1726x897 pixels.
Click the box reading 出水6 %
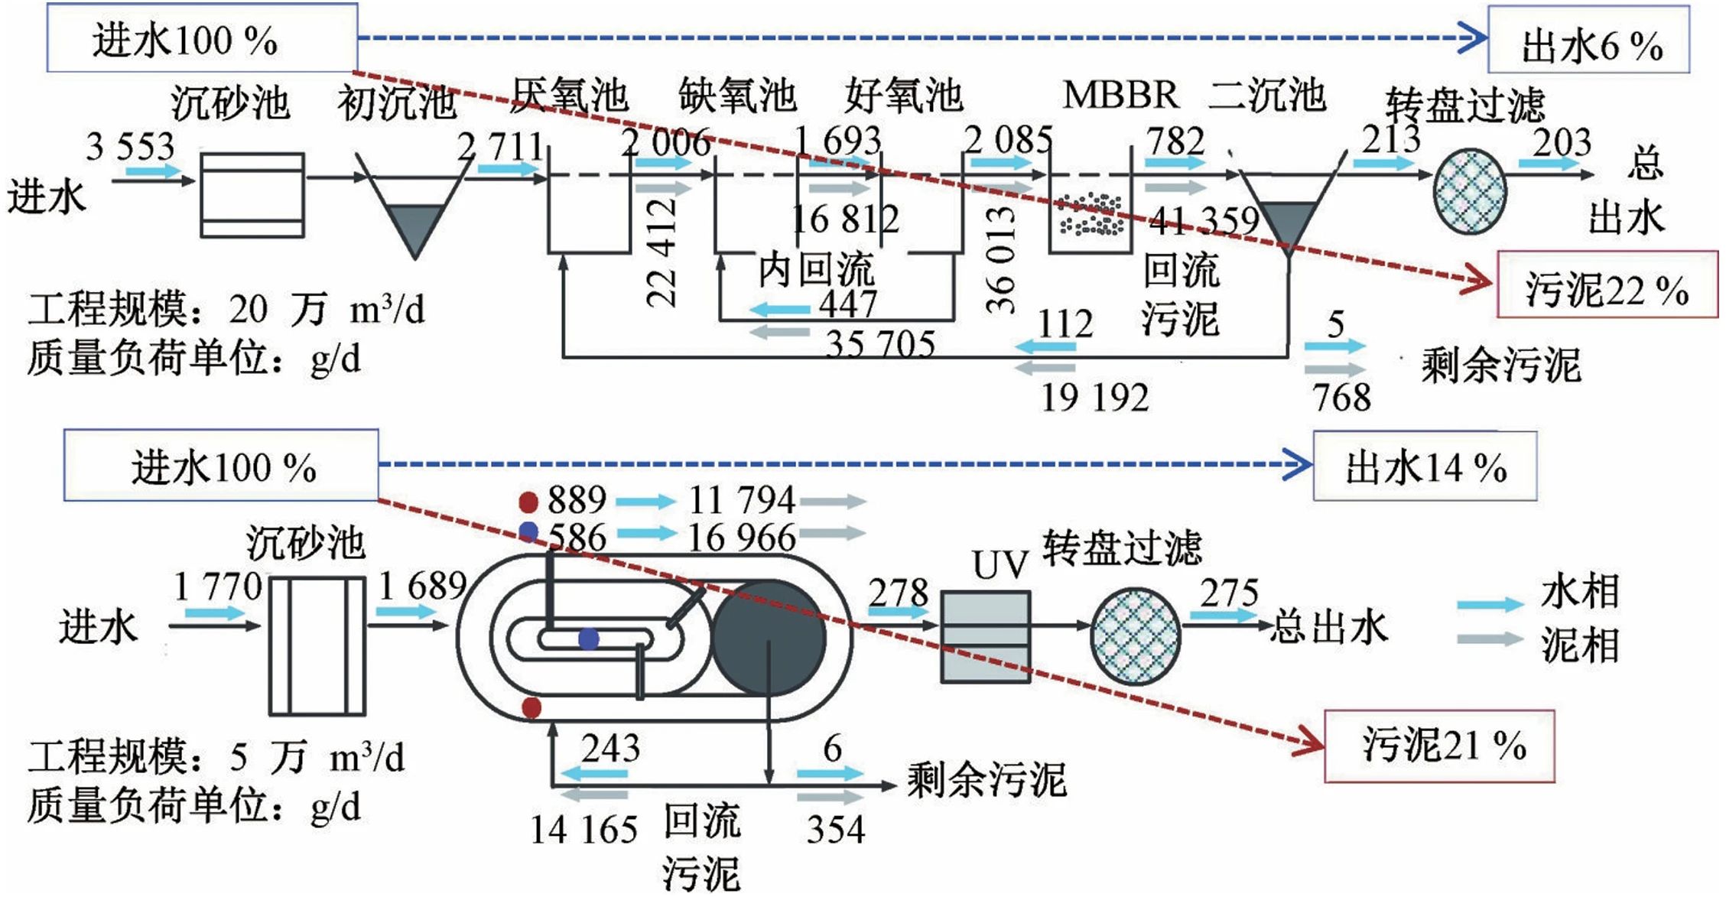1588,40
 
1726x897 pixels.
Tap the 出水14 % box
1425,466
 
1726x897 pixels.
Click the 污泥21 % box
1439,746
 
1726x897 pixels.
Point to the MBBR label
1120,95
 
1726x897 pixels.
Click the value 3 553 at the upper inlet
131,145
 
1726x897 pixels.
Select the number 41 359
1204,220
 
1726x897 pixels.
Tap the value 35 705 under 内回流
880,344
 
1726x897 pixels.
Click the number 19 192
1094,398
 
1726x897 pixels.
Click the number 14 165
583,830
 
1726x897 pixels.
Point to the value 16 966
741,538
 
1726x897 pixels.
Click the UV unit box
984,636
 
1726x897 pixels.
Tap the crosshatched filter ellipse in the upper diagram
1469,191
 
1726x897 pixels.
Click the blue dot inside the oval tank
588,639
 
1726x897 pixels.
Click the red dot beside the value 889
528,502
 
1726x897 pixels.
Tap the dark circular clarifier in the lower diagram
769,637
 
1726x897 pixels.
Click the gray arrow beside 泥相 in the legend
1489,639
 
